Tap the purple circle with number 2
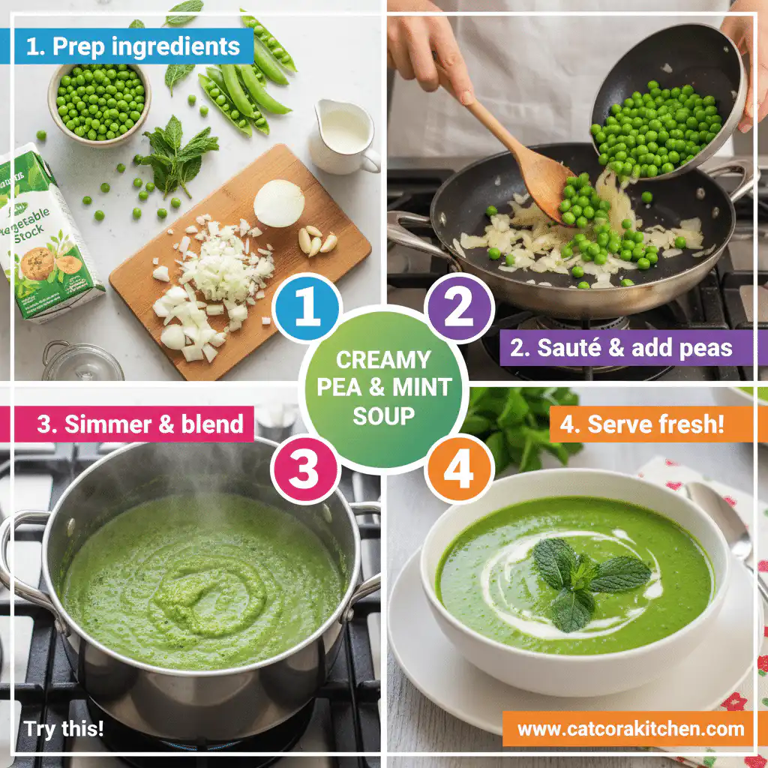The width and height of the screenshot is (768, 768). point(460,308)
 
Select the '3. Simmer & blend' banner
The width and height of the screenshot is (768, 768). point(139,424)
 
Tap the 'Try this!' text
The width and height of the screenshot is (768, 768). point(64,728)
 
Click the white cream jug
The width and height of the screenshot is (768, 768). point(343,135)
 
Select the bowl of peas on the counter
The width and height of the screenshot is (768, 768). point(100,104)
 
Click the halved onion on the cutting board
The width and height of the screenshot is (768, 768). point(278,202)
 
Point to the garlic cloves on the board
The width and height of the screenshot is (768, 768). point(316,241)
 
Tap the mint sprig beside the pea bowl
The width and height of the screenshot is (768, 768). point(177,154)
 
